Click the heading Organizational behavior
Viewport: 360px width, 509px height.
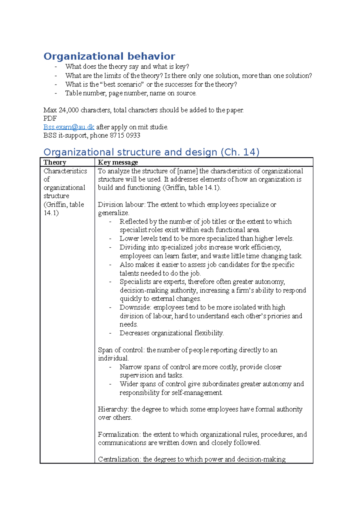109,56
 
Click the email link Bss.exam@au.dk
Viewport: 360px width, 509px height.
69,127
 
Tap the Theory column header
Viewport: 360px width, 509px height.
55,162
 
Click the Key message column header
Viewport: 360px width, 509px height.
118,162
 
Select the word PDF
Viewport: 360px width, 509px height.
50,118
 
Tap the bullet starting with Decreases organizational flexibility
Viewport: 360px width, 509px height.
172,333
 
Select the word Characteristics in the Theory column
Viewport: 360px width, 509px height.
65,171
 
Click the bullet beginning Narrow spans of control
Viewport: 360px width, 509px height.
200,367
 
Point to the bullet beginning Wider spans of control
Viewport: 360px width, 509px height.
211,384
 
